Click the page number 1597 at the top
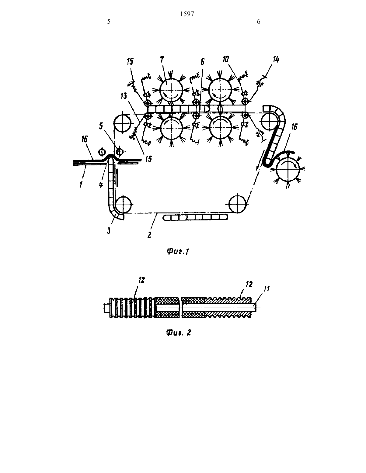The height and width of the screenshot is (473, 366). [187, 14]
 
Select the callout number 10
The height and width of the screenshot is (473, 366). [226, 59]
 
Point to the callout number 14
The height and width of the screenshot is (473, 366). [276, 59]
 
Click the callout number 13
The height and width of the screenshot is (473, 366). [124, 96]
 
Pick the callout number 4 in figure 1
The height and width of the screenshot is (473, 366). [101, 185]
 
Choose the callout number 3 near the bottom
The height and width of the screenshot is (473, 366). [109, 230]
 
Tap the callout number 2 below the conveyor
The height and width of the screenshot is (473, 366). [149, 235]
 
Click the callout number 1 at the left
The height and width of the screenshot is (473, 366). [81, 185]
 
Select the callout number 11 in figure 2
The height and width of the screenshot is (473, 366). [267, 288]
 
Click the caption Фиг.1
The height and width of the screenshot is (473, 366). [178, 252]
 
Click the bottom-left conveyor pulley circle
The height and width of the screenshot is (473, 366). [123, 205]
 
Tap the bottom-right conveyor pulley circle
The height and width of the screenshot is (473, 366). [239, 204]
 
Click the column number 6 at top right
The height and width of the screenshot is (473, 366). [259, 22]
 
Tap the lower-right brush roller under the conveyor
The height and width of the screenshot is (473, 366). [220, 128]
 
